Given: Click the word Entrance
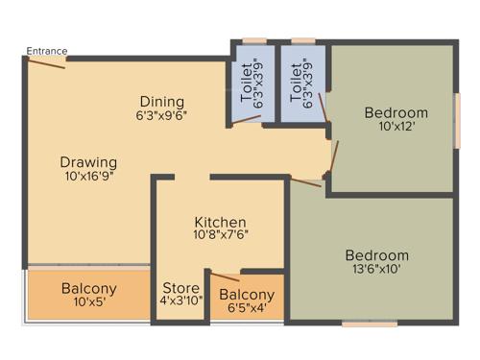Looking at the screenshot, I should tap(47, 51).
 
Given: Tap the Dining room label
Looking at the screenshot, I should tap(161, 102).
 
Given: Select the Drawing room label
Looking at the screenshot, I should tap(88, 161).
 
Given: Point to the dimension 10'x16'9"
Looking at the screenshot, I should tap(88, 178).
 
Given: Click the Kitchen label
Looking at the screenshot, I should tap(220, 223).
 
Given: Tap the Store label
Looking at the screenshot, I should tap(180, 288).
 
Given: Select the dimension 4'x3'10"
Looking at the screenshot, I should tap(180, 301).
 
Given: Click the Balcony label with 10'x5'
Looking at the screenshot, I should tap(88, 288).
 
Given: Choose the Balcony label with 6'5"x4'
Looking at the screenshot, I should tap(247, 295).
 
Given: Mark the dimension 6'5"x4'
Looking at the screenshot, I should tap(247, 308).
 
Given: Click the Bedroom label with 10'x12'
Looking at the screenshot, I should tap(396, 113).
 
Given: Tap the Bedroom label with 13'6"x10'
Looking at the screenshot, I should tap(376, 255).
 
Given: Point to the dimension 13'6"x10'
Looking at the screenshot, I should tap(376, 270).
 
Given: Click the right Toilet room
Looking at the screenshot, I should tap(300, 84).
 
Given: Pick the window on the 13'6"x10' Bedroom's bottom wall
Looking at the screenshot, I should tap(370, 324).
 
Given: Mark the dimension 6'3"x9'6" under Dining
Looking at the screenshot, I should tap(161, 116).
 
